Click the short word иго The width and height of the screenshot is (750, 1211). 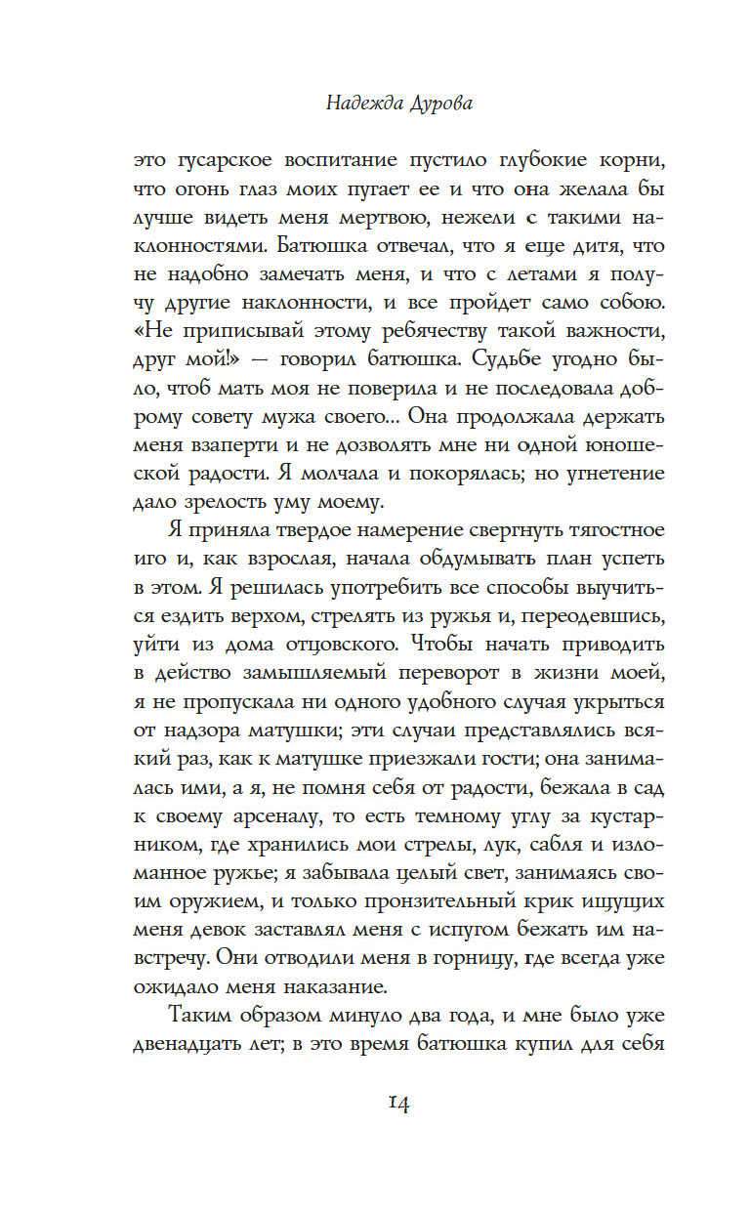point(153,561)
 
